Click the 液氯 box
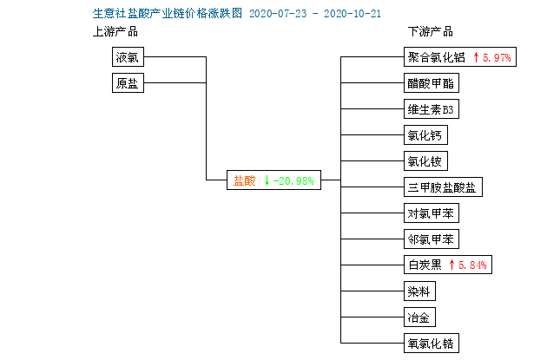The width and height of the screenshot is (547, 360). tap(128, 56)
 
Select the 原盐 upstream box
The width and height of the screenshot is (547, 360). tap(128, 83)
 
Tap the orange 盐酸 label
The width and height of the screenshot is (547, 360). tap(245, 180)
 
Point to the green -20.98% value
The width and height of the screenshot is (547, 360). tap(293, 181)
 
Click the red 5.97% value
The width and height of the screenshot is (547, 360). tap(497, 57)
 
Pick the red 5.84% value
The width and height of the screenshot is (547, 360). tap(472, 265)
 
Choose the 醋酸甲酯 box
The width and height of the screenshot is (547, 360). tap(432, 83)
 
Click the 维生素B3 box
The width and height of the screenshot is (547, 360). tap(432, 109)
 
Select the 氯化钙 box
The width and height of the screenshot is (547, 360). tap(425, 134)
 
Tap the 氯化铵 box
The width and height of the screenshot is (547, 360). tap(425, 161)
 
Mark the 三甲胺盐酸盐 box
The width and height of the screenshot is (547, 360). tap(443, 187)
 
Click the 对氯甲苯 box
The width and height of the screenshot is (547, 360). tap(432, 213)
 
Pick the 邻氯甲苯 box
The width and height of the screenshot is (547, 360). tap(432, 239)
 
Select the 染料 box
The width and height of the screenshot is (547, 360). tap(419, 291)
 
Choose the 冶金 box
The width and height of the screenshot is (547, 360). tap(419, 317)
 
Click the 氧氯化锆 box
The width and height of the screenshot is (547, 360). tap(432, 344)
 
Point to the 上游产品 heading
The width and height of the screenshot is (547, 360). tap(115, 32)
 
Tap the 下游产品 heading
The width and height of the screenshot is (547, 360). tap(431, 32)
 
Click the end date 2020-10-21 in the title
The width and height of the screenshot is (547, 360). tap(353, 14)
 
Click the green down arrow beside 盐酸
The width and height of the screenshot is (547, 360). tap(267, 180)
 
